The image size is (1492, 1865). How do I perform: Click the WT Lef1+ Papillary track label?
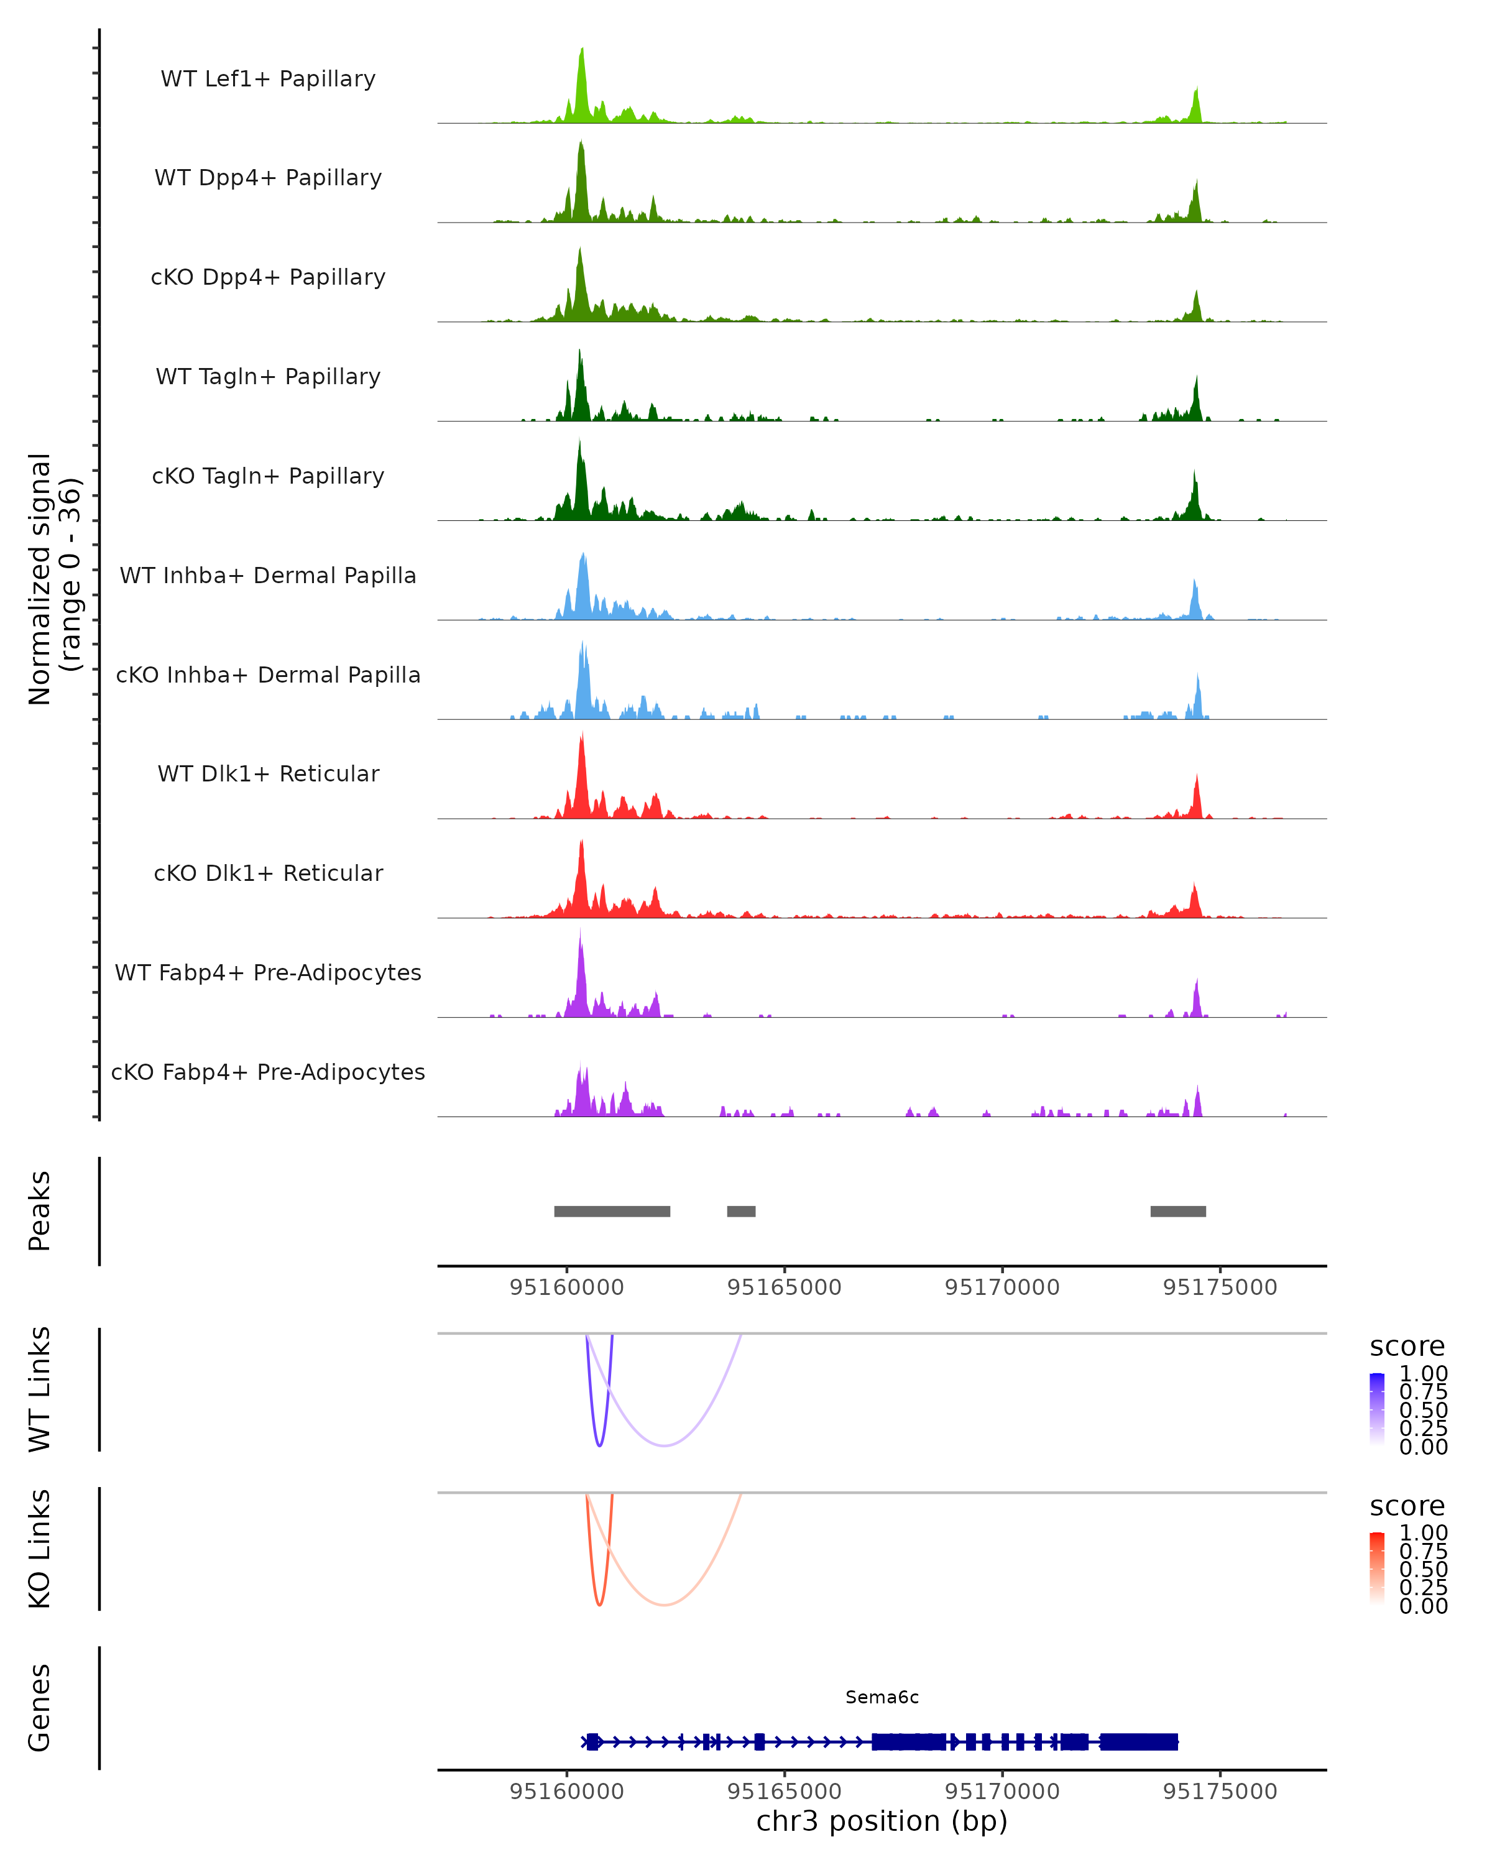tap(268, 79)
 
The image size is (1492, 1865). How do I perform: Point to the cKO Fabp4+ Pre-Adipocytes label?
tap(268, 1072)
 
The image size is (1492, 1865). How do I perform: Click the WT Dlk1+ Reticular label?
tap(268, 773)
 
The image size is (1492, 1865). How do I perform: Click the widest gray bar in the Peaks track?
tap(612, 1211)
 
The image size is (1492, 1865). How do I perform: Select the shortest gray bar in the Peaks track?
tap(741, 1211)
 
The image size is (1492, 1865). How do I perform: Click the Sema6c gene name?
tap(882, 1697)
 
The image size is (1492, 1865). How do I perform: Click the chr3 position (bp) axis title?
tap(882, 1821)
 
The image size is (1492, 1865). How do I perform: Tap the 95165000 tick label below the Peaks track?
tap(785, 1287)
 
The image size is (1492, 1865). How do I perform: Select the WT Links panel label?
tap(40, 1389)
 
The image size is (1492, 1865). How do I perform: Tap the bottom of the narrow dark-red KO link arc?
tap(599, 1605)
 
